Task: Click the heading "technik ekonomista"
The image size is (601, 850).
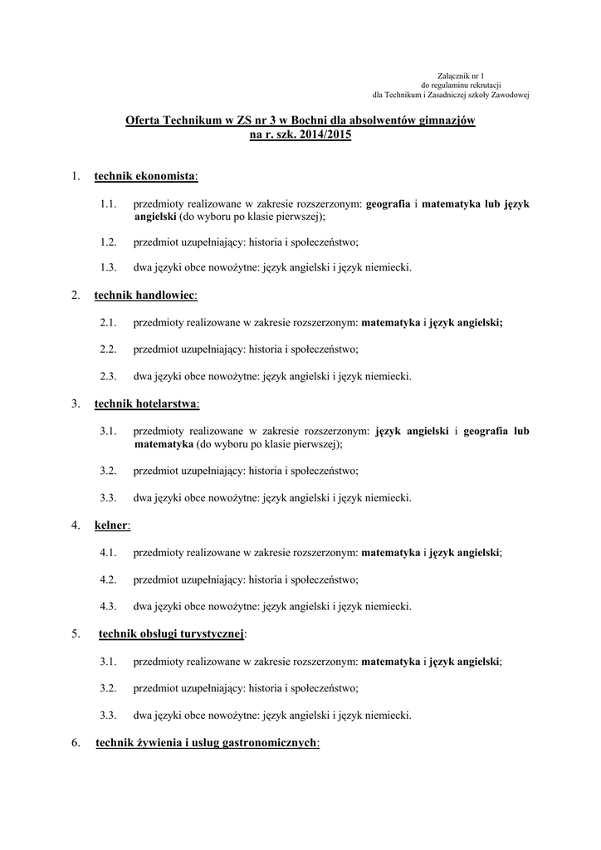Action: click(145, 176)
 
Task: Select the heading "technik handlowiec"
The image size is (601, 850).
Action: click(145, 295)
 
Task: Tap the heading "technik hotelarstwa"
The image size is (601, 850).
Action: click(146, 404)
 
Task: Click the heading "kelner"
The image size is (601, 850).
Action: click(111, 525)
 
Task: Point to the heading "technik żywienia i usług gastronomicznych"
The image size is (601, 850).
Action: click(207, 743)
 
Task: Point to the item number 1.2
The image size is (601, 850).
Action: click(106, 242)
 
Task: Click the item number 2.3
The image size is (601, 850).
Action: click(106, 376)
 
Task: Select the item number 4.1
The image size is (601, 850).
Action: click(106, 552)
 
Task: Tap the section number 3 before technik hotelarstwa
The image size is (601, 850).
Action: click(75, 404)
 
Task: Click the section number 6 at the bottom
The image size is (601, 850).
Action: click(75, 743)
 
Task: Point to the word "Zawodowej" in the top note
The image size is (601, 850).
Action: click(506, 94)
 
